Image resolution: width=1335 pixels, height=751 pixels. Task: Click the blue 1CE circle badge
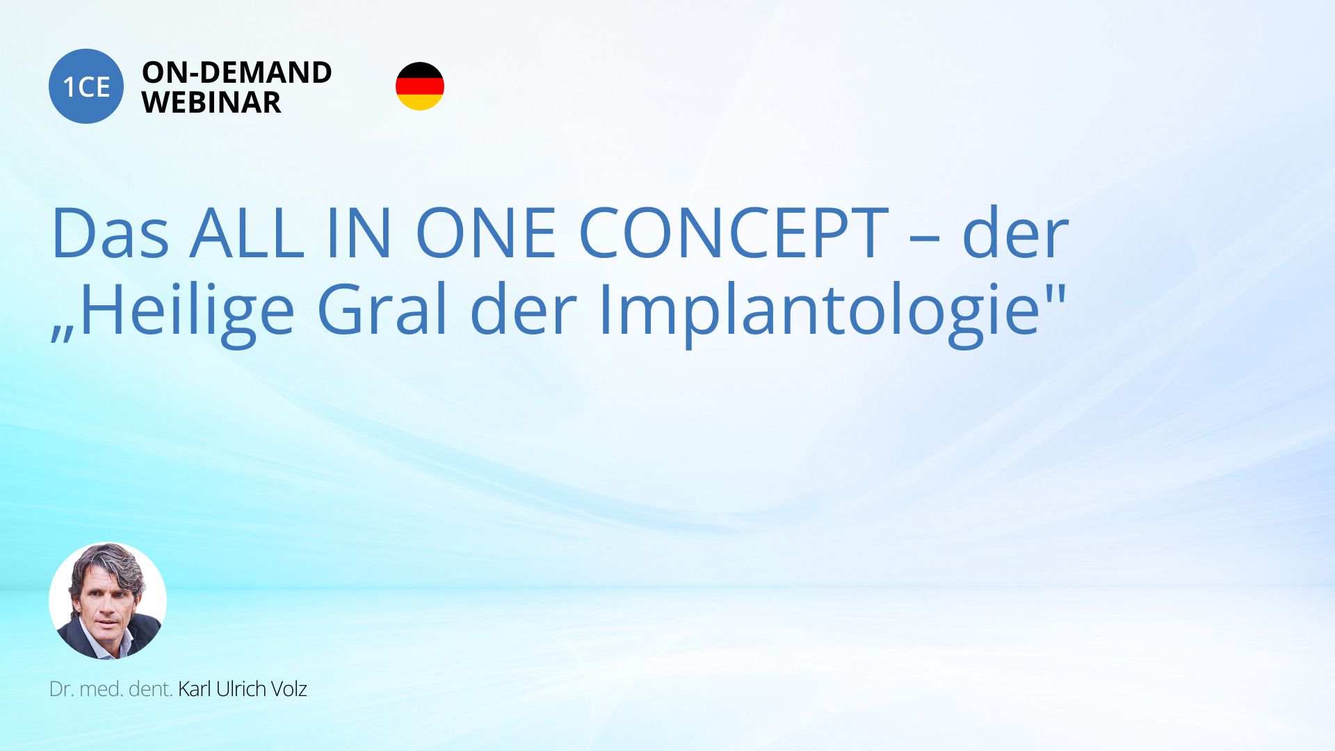click(x=86, y=86)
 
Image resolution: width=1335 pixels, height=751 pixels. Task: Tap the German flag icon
click(x=420, y=86)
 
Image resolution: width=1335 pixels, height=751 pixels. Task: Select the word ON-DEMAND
click(x=237, y=72)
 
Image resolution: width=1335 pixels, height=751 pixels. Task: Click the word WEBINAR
click(x=211, y=102)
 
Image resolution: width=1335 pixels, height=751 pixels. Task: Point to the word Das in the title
click(x=110, y=233)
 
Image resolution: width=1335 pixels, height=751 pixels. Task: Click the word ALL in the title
click(x=247, y=233)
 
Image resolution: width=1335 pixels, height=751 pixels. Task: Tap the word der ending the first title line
click(x=1015, y=233)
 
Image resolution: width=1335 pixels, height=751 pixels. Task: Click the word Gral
click(x=382, y=309)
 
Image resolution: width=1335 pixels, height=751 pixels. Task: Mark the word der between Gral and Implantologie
click(x=523, y=309)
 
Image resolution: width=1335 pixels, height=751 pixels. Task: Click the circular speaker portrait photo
click(x=108, y=601)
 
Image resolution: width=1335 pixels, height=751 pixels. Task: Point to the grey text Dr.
click(x=61, y=689)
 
